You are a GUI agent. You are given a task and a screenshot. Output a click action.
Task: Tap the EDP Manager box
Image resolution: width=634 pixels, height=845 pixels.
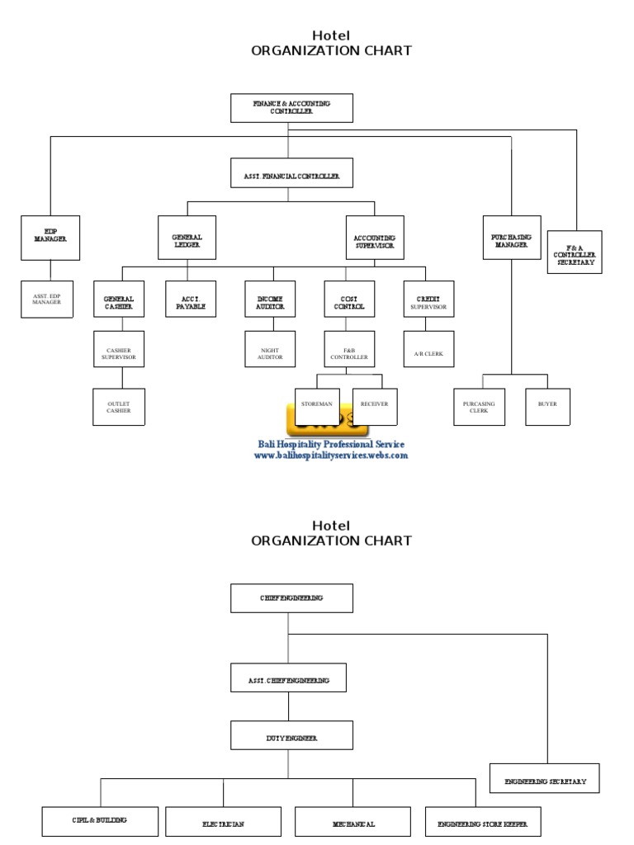point(50,238)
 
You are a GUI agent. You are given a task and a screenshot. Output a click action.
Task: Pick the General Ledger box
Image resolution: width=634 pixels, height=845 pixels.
point(187,238)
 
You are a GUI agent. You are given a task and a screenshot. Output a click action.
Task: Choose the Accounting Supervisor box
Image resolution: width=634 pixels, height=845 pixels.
point(374,238)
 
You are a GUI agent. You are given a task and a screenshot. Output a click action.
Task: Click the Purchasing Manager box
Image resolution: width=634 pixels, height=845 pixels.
point(512,238)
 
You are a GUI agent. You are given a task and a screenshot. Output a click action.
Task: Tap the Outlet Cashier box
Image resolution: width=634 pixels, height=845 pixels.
point(118,407)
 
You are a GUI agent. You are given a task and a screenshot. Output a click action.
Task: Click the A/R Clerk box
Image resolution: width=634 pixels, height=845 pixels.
point(428,353)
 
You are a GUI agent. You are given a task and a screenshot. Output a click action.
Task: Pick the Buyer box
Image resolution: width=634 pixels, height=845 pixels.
point(547,404)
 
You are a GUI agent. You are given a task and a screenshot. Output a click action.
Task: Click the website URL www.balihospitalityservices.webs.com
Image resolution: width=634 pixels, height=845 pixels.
point(330,456)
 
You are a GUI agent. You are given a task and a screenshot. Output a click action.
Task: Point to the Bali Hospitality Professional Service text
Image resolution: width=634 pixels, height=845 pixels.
point(330,444)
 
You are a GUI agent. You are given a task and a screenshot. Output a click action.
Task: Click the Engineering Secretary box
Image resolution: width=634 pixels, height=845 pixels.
point(545,778)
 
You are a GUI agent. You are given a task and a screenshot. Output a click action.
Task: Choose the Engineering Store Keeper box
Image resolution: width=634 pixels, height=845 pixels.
point(478,822)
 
